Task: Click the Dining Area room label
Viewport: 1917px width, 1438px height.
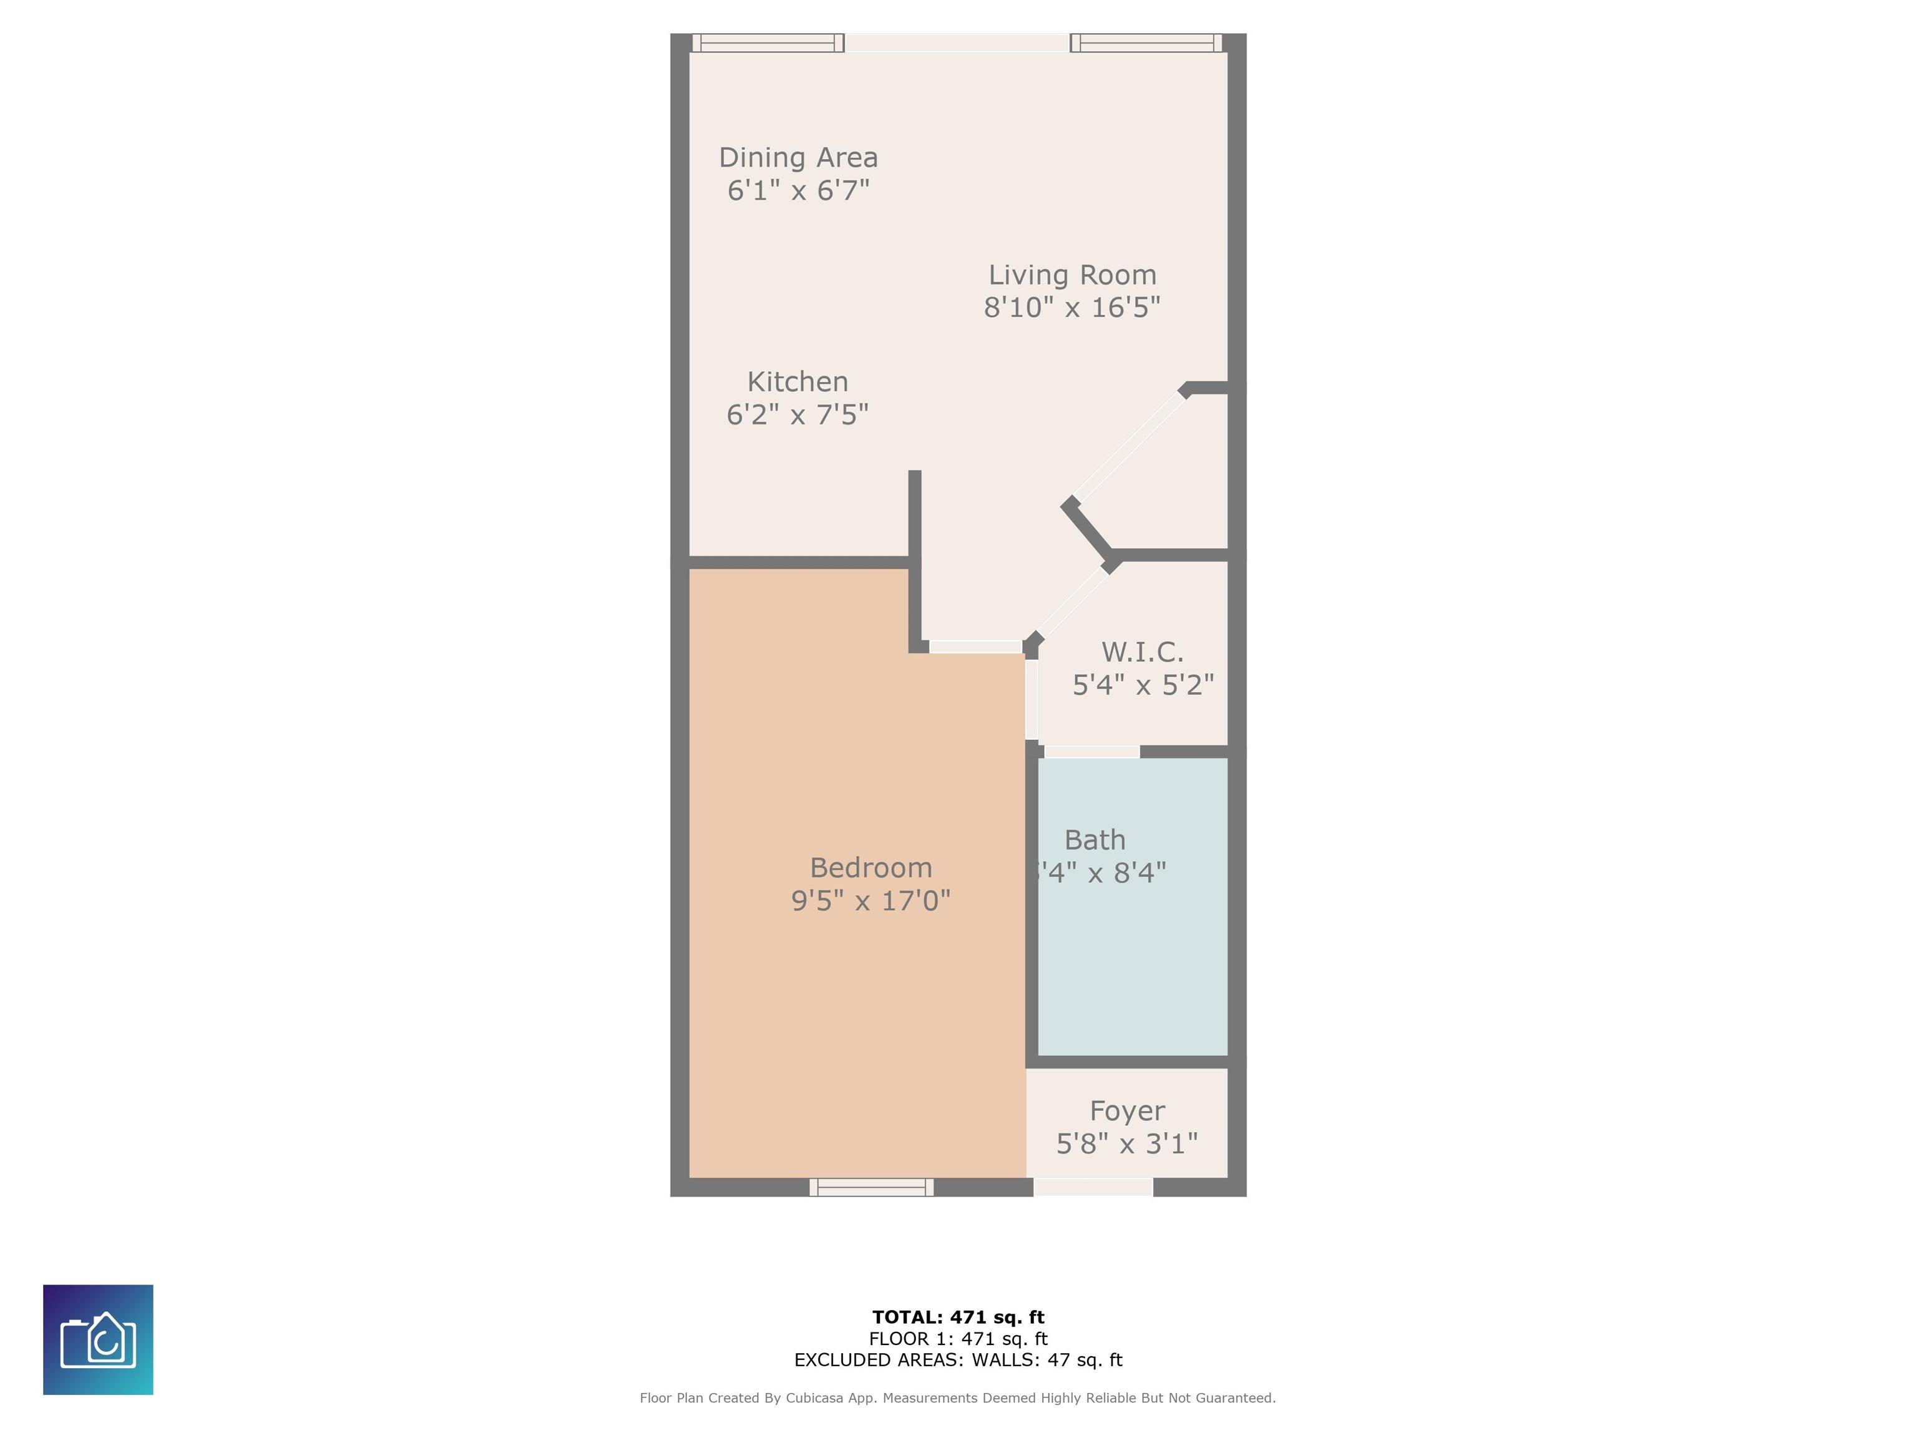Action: pyautogui.click(x=798, y=158)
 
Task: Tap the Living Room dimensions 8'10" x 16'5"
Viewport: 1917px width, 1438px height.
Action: pyautogui.click(x=1072, y=308)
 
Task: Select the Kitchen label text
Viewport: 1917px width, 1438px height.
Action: pyautogui.click(x=798, y=382)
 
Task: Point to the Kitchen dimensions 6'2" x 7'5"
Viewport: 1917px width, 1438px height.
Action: pyautogui.click(x=798, y=415)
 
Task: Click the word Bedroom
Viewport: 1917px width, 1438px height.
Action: pyautogui.click(x=871, y=868)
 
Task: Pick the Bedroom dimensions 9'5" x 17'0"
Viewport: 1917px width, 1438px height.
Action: pyautogui.click(x=871, y=901)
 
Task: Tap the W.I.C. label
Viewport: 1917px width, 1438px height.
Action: pyautogui.click(x=1142, y=652)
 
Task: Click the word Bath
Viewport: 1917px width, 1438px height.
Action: pyautogui.click(x=1095, y=840)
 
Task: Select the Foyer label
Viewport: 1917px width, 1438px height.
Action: pyautogui.click(x=1126, y=1111)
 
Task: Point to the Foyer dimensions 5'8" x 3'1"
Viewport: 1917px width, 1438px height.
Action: pyautogui.click(x=1126, y=1144)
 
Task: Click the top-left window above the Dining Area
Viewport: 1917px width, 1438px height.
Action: pyautogui.click(x=768, y=42)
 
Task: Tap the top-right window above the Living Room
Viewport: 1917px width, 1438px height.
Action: pyautogui.click(x=1146, y=42)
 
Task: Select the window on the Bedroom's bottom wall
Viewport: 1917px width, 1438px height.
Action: pyautogui.click(x=871, y=1188)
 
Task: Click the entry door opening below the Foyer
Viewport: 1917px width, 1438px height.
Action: pyautogui.click(x=1093, y=1188)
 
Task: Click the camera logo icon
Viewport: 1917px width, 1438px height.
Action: pyautogui.click(x=98, y=1339)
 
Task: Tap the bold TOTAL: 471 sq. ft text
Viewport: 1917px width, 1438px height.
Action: pyautogui.click(x=958, y=1318)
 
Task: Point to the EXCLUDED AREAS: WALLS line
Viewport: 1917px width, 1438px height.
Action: pyautogui.click(x=958, y=1360)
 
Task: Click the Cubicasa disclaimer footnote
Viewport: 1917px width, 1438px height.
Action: pyautogui.click(x=958, y=1398)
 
